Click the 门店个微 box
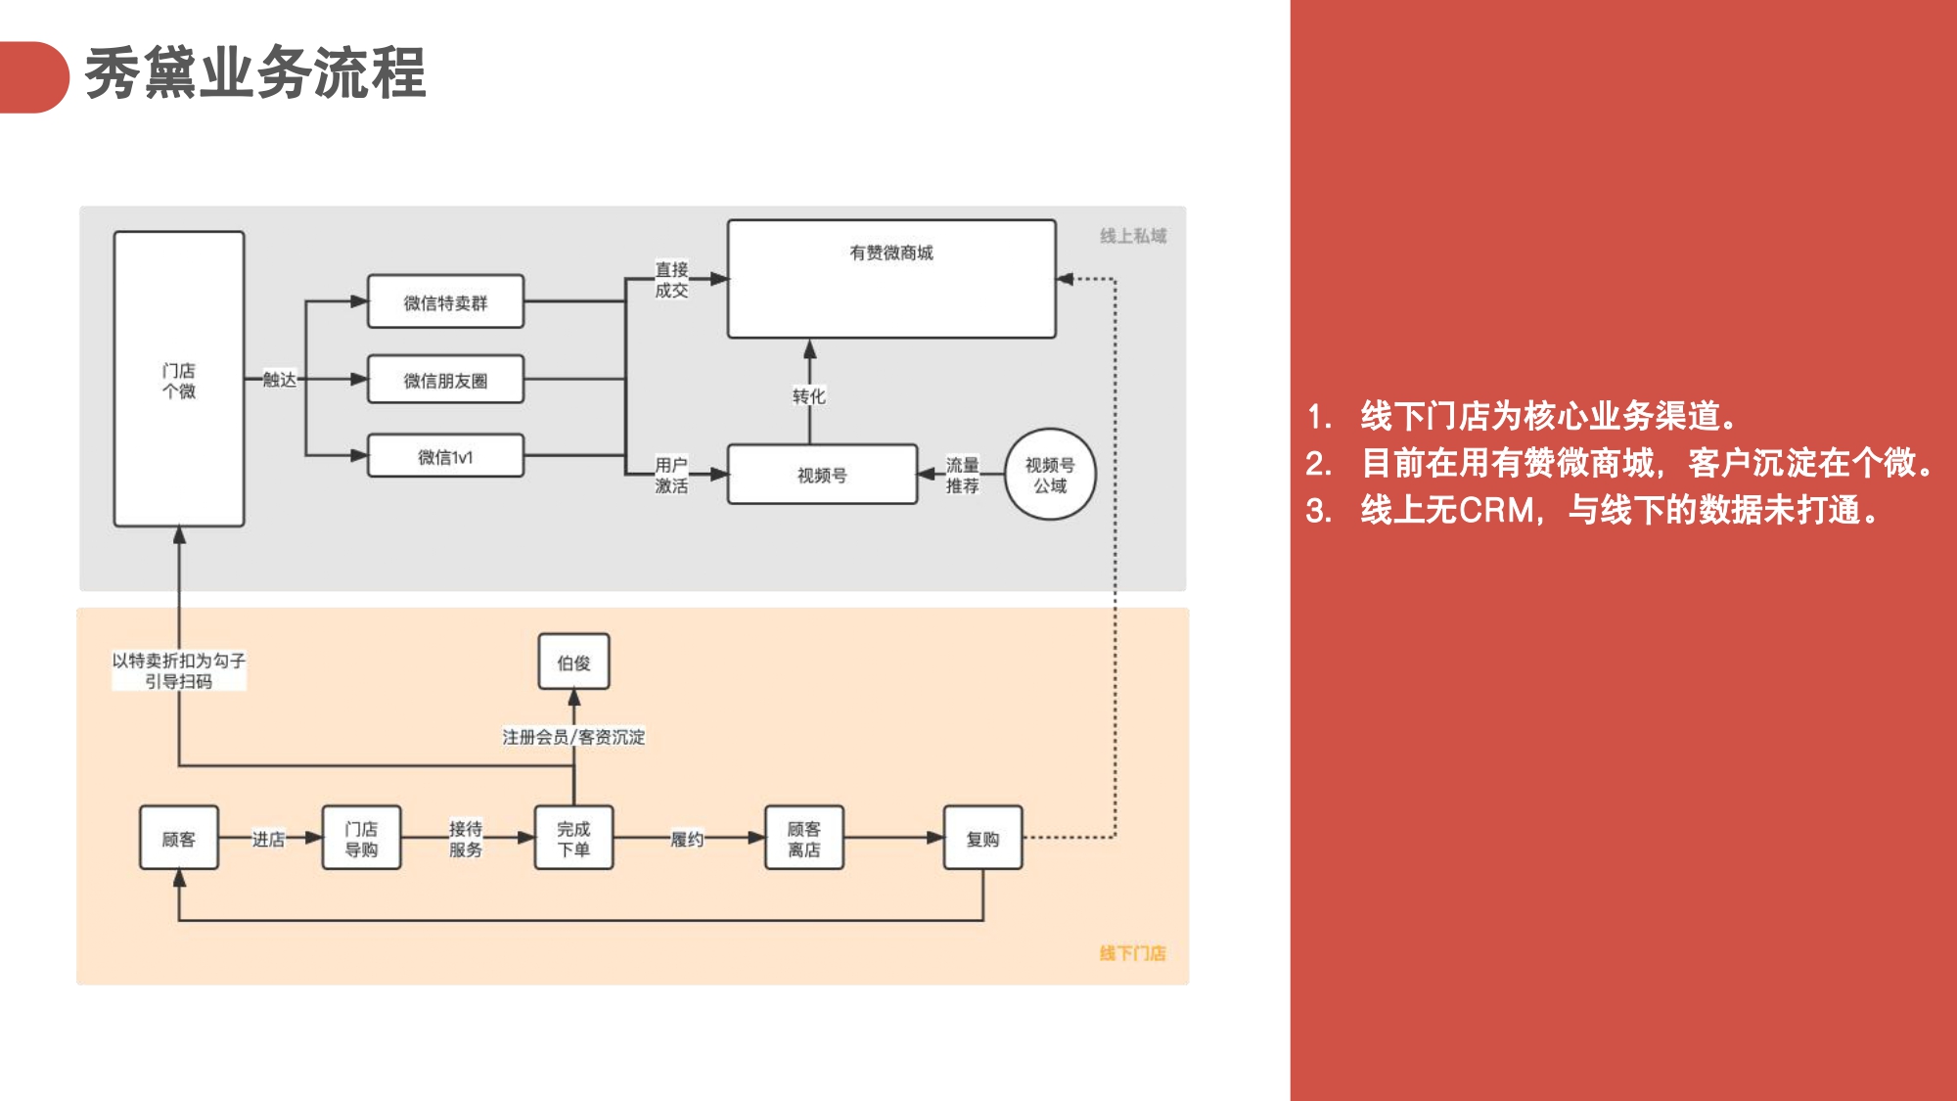click(179, 380)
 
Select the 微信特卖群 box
click(445, 302)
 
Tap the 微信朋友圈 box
click(445, 380)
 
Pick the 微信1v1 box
click(445, 457)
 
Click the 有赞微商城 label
click(890, 252)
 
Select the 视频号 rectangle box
click(822, 475)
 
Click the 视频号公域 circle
click(1050, 475)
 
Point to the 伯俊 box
click(573, 663)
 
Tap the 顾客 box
click(179, 839)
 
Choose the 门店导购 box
click(361, 839)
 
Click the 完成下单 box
click(573, 839)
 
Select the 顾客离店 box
click(803, 839)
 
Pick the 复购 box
click(982, 839)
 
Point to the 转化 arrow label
click(809, 396)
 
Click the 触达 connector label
click(279, 380)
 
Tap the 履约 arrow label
click(687, 839)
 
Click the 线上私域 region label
click(1133, 236)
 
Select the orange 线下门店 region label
click(1132, 953)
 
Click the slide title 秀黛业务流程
click(255, 73)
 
